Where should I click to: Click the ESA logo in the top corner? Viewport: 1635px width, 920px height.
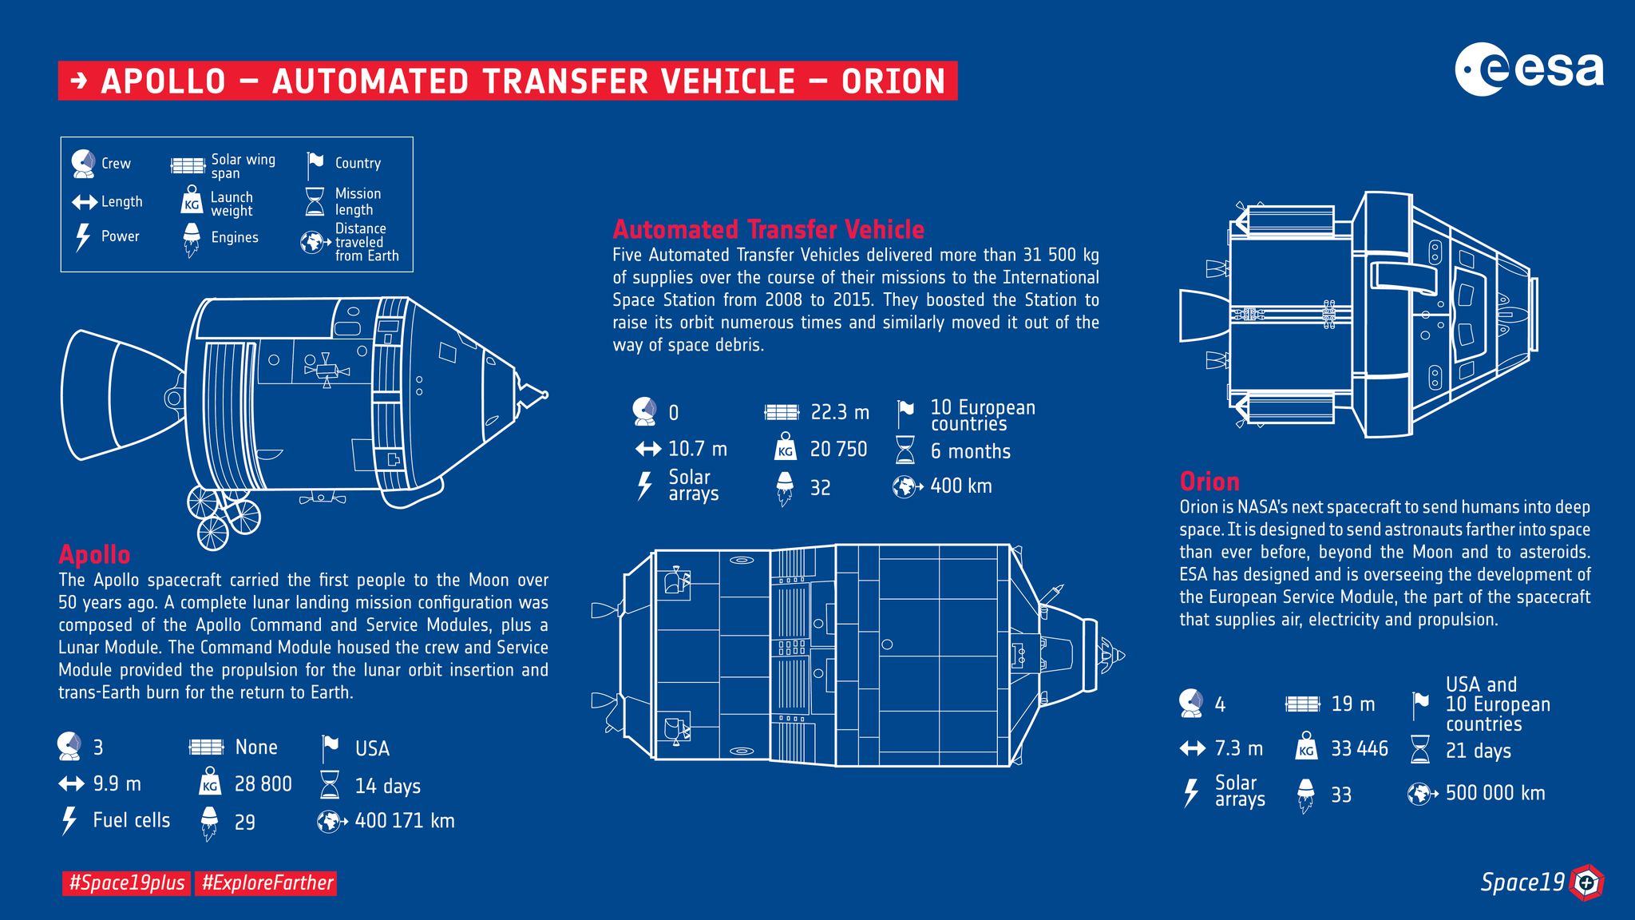coord(1528,69)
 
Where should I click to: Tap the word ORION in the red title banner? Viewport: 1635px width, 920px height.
coord(893,81)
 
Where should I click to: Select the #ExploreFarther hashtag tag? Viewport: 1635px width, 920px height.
coord(267,882)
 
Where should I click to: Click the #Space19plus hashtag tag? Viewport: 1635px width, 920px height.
coord(127,882)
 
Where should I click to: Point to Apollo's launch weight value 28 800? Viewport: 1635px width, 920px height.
coord(263,784)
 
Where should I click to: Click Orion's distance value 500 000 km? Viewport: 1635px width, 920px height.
coord(1494,793)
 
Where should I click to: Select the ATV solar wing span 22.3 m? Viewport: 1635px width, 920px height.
coord(839,412)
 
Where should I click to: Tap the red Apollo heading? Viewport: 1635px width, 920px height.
coord(94,554)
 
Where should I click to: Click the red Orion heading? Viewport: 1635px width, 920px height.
coord(1209,482)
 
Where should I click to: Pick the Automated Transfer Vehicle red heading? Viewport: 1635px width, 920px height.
coord(768,230)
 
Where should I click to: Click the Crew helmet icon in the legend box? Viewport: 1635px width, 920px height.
coord(83,164)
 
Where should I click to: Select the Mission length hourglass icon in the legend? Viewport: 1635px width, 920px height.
coord(315,201)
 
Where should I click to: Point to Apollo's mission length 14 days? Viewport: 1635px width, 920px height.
coord(387,786)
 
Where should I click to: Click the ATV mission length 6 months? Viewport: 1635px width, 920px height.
coord(970,451)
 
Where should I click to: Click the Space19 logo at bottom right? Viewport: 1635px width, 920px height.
coord(1541,882)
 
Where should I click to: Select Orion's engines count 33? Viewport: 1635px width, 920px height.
coord(1340,795)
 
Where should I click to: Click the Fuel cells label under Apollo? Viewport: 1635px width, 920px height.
coord(131,820)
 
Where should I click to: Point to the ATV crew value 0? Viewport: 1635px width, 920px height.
coord(673,413)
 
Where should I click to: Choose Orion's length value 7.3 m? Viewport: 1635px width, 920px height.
coord(1238,748)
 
